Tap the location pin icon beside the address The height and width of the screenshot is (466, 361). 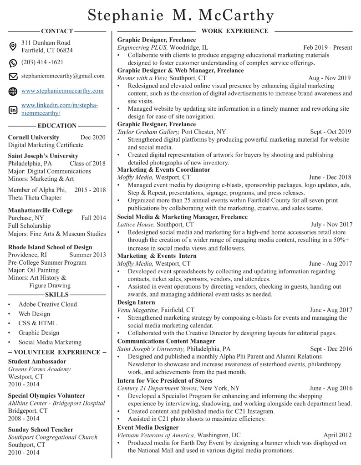point(13,46)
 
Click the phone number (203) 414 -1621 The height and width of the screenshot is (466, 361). point(42,62)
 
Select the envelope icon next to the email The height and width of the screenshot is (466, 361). point(13,76)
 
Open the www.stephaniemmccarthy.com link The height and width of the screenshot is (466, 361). point(62,91)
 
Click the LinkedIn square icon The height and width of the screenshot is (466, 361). point(13,109)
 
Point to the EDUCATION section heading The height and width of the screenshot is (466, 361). point(57,126)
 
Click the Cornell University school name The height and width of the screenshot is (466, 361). point(34,137)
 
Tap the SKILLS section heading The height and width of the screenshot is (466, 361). point(57,295)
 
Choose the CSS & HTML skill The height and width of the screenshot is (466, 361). point(38,323)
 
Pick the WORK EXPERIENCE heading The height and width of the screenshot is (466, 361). point(234,31)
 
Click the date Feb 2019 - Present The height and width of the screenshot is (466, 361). point(327,47)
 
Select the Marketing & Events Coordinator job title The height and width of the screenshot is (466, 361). point(163,169)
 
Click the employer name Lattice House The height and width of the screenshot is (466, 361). point(136,225)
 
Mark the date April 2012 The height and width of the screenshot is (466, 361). point(337,435)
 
